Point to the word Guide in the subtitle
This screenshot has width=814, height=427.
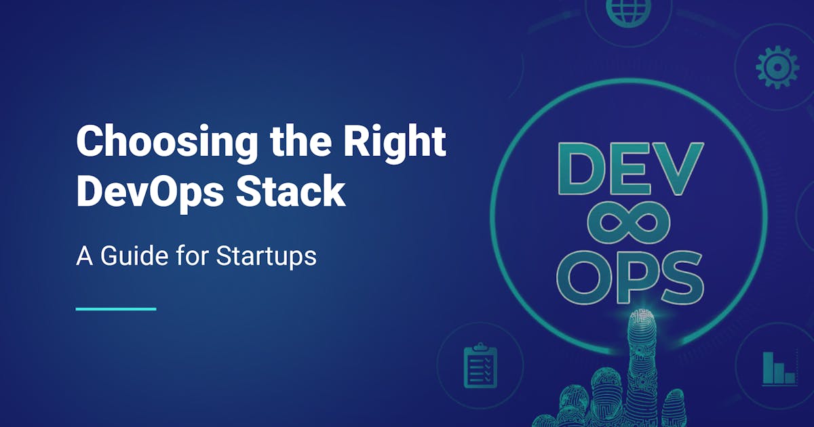(136, 257)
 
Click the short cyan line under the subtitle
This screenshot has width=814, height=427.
(116, 309)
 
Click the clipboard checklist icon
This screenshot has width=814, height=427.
(480, 366)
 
